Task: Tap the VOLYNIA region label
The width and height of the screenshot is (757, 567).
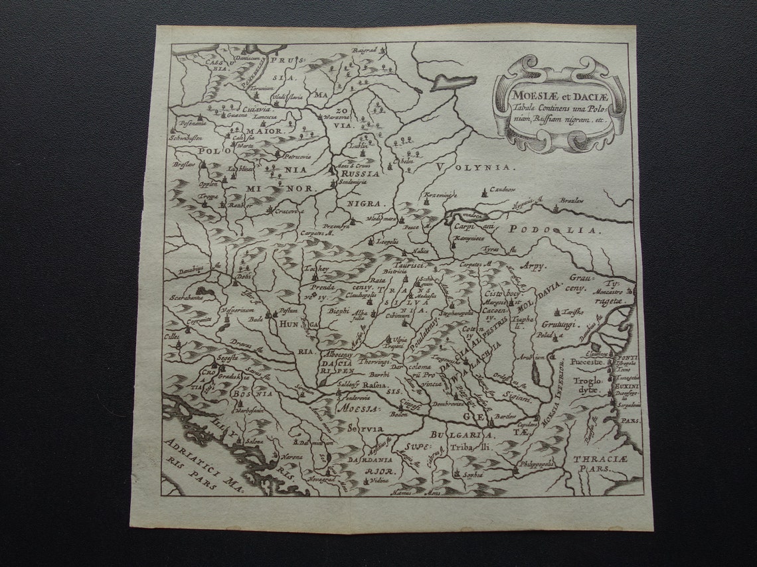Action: pyautogui.click(x=475, y=168)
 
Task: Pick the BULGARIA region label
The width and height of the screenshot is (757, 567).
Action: pyautogui.click(x=462, y=436)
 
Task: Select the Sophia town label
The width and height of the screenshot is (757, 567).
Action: pyautogui.click(x=473, y=475)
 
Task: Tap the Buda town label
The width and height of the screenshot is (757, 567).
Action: pyautogui.click(x=255, y=318)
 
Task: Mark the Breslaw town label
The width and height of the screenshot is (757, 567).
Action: pyautogui.click(x=185, y=164)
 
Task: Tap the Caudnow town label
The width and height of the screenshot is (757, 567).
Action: pyautogui.click(x=503, y=190)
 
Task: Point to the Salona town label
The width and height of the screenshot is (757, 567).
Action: pyautogui.click(x=255, y=441)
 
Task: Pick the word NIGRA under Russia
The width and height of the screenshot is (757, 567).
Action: pyautogui.click(x=365, y=203)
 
